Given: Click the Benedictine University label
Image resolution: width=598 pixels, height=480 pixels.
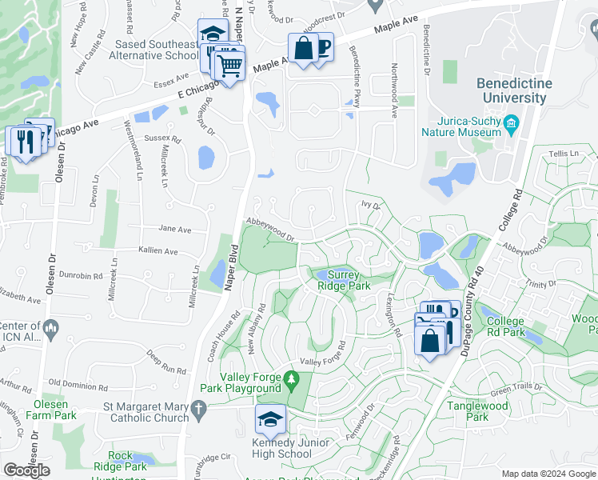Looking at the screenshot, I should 511,90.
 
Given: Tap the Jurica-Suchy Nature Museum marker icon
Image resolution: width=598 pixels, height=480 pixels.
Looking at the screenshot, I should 512,122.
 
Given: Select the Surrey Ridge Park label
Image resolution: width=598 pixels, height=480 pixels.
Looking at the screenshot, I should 345,279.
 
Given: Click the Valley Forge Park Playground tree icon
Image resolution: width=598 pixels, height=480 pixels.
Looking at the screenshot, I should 293,378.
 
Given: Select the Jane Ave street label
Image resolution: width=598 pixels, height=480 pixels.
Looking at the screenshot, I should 175,230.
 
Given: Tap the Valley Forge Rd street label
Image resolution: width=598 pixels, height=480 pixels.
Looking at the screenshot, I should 323,359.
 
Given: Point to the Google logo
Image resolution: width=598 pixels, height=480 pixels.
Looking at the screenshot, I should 27,470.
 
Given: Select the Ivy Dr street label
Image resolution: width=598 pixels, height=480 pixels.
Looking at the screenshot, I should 369,206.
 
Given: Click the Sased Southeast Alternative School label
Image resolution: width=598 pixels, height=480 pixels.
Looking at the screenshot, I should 156,50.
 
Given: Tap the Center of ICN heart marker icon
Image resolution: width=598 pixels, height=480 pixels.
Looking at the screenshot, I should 50,326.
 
